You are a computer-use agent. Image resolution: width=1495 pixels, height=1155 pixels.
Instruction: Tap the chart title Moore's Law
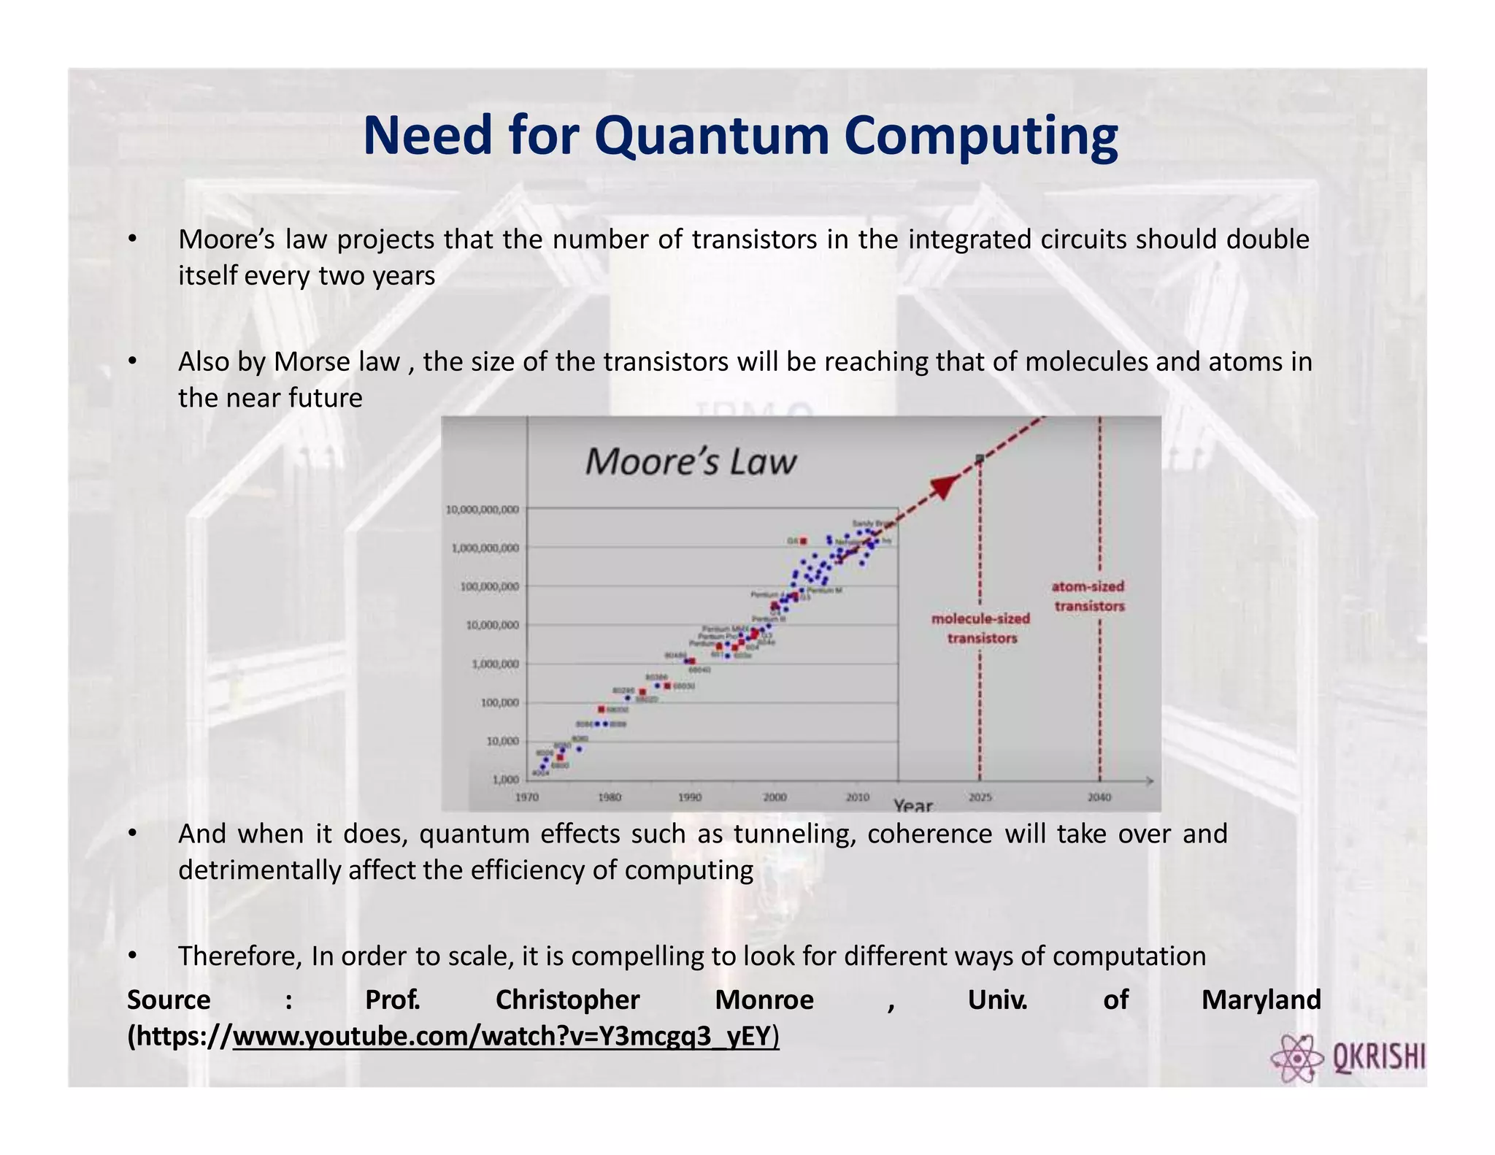pos(690,462)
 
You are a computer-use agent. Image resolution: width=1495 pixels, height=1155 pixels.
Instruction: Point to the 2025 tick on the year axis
pos(980,797)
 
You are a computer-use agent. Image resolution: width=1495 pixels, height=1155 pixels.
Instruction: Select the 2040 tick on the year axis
pos(1099,797)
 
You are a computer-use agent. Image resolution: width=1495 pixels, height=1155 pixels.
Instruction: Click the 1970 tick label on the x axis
pos(527,797)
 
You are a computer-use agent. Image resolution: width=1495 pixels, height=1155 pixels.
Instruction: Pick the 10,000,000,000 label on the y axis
pos(483,510)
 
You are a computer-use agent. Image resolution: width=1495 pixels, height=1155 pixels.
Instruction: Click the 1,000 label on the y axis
pos(505,780)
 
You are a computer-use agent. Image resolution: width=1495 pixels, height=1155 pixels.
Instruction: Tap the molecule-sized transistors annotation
pos(981,628)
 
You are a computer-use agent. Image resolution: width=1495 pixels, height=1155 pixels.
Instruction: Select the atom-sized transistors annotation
pos(1088,596)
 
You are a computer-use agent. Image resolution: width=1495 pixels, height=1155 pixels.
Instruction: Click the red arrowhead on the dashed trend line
pos(945,486)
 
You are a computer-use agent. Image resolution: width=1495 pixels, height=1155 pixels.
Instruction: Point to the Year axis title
pos(913,805)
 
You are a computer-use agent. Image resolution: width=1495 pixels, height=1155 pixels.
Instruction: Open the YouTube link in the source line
pos(505,1036)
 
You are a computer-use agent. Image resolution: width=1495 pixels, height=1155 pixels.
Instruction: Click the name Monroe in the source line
pos(764,999)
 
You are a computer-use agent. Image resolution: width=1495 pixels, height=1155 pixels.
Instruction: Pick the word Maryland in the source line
pos(1261,999)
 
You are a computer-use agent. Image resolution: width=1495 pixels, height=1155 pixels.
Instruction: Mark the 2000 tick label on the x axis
pos(775,797)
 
